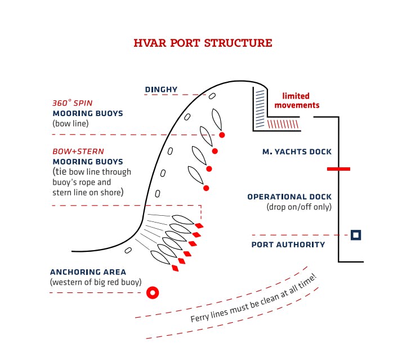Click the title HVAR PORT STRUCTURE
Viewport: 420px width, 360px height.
click(x=203, y=43)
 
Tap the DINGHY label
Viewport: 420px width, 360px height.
click(x=161, y=90)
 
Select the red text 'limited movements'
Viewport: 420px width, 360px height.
click(x=296, y=100)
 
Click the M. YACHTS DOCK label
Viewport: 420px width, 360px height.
click(x=297, y=152)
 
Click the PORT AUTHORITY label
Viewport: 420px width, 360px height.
click(x=288, y=245)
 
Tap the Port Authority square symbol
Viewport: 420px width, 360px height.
click(x=355, y=235)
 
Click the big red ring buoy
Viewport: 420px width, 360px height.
click(x=152, y=292)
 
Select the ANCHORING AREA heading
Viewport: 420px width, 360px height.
click(x=88, y=272)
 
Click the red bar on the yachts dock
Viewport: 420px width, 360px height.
click(x=338, y=168)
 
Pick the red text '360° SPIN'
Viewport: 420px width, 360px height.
click(x=72, y=104)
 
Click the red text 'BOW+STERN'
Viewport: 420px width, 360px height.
click(x=78, y=152)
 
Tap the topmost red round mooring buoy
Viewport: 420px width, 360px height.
click(x=222, y=135)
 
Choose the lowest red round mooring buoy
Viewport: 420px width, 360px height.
click(x=206, y=188)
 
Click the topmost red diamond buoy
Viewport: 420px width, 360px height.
click(x=199, y=225)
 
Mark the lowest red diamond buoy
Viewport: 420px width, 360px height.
click(x=175, y=268)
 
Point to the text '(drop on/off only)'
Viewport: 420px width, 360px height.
click(x=299, y=207)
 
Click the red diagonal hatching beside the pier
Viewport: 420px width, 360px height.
click(x=282, y=123)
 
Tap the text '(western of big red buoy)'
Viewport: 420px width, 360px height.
click(x=96, y=282)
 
